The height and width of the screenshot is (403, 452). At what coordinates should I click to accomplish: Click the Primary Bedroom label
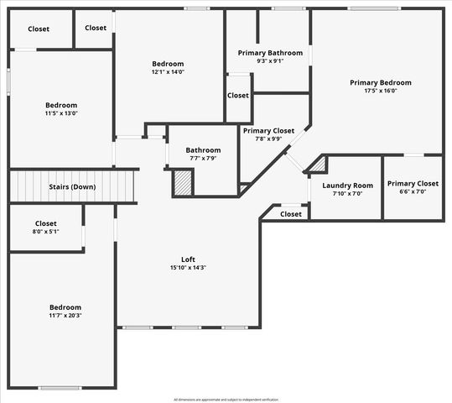[x=381, y=82]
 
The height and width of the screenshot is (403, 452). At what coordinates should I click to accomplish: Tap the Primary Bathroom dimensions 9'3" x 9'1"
[x=270, y=60]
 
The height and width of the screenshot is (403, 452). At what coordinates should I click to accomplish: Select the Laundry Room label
[x=347, y=185]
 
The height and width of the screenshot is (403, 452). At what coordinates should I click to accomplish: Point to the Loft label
[x=189, y=259]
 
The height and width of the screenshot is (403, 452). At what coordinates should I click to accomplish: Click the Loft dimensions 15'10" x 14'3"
[x=189, y=268]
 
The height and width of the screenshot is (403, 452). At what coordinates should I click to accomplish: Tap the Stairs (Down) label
[x=71, y=186]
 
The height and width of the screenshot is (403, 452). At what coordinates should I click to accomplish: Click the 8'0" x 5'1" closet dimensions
[x=45, y=233]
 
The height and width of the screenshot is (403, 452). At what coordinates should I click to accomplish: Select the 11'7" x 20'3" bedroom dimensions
[x=64, y=316]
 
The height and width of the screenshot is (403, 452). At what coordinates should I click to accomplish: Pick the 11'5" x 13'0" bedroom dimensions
[x=61, y=114]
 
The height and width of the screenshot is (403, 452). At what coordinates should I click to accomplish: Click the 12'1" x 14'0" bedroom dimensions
[x=168, y=73]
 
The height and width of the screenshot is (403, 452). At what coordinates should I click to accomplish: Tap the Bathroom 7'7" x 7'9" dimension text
[x=203, y=159]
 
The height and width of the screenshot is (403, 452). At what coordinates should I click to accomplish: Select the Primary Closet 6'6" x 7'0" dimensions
[x=413, y=191]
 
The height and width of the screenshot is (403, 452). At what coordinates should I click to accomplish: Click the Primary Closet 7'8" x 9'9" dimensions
[x=268, y=139]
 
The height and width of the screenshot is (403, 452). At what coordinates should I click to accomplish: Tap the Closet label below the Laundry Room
[x=290, y=214]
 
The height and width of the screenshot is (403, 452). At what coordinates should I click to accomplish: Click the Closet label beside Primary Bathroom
[x=238, y=95]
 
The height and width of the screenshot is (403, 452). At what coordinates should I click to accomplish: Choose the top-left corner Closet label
[x=39, y=29]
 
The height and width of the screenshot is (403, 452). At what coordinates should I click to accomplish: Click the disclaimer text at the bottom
[x=226, y=399]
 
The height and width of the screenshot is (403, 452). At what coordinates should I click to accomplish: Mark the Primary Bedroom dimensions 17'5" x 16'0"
[x=381, y=92]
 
